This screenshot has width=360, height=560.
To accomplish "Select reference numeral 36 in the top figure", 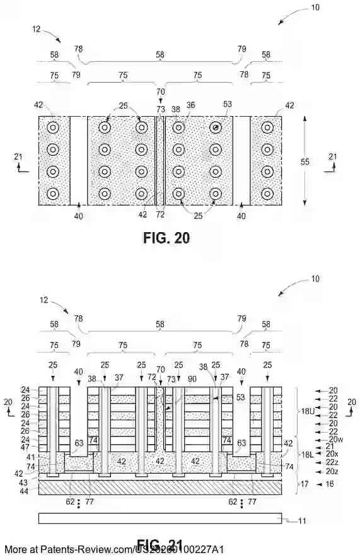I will click(190, 107).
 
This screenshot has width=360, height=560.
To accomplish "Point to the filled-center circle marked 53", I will click(216, 127).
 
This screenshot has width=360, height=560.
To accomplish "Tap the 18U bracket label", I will click(310, 411).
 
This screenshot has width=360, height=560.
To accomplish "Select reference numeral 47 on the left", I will click(25, 446).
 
